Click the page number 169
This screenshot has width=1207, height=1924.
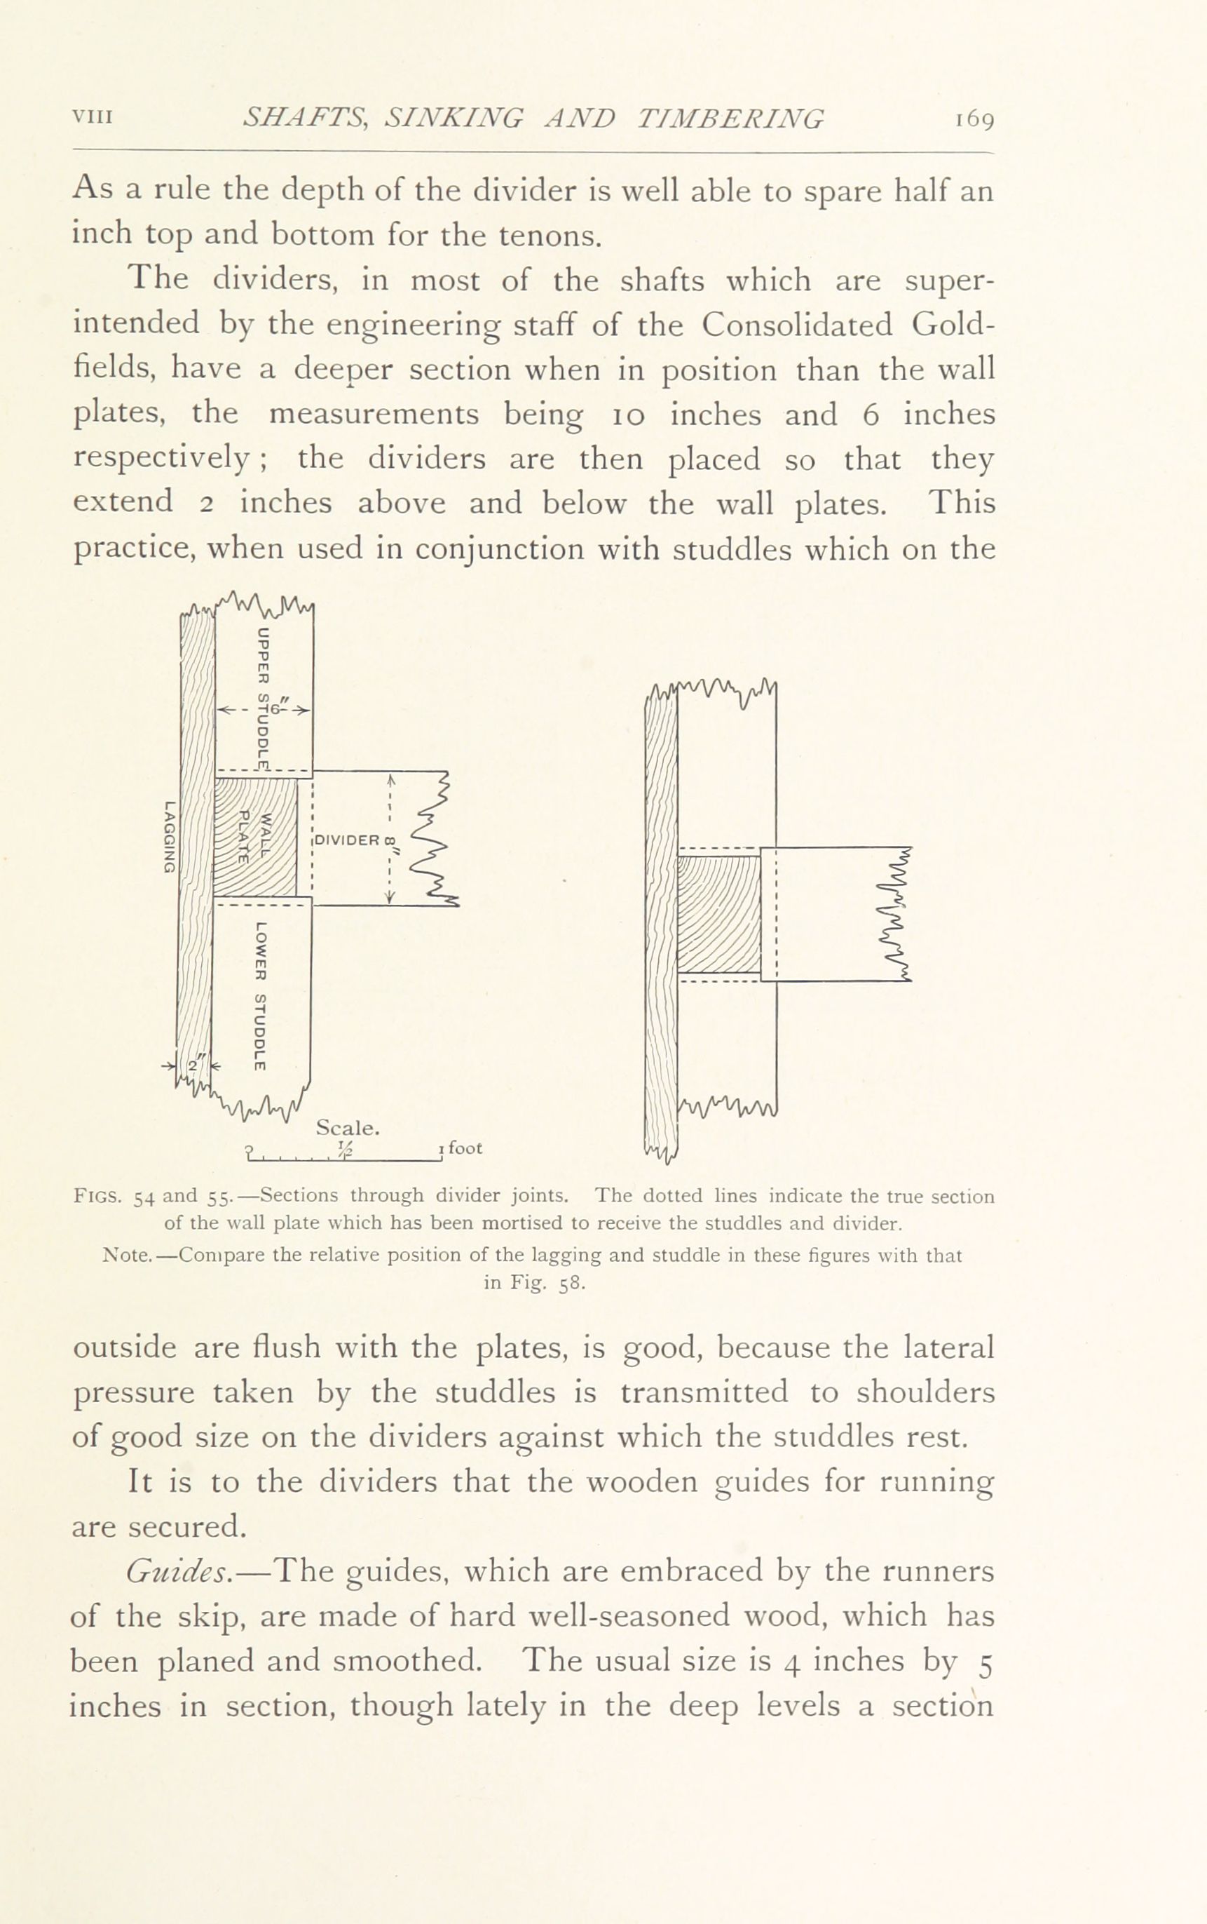coord(972,121)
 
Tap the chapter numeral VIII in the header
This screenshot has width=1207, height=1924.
coord(93,116)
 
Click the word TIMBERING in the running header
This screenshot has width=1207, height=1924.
coord(730,119)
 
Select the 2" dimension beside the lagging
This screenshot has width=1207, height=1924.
coord(195,1065)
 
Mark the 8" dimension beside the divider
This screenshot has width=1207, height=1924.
coord(390,845)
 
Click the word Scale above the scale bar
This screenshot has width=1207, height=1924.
coord(347,1128)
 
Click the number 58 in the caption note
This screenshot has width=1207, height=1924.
coord(574,1285)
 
